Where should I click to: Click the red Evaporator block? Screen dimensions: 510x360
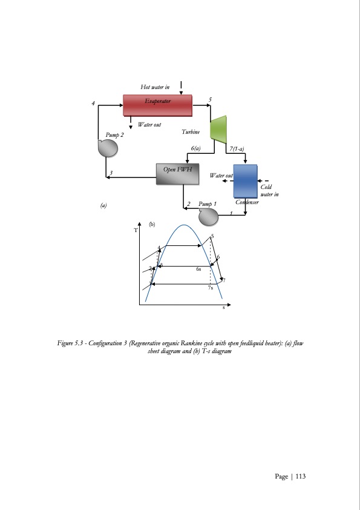tap(157, 104)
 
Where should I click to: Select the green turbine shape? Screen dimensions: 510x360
tap(217, 129)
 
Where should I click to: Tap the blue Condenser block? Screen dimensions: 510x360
tap(246, 180)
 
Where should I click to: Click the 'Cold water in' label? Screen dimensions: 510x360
tap(269, 191)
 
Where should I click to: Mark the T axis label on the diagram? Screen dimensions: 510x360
tap(136, 231)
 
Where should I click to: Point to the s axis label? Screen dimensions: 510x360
tap(223, 308)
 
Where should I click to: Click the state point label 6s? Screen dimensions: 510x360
tap(198, 270)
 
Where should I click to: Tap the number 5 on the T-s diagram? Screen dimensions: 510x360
tap(212, 236)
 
